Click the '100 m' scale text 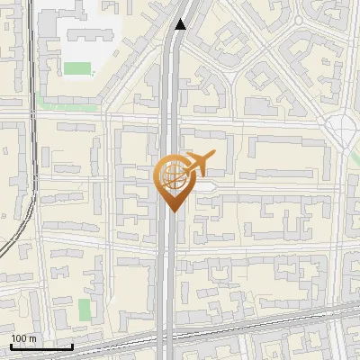[x=23, y=338]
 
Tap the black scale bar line [x=41, y=346]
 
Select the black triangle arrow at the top [x=181, y=24]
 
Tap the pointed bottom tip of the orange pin [x=171, y=212]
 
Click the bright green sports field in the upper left [x=77, y=68]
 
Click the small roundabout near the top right [x=298, y=19]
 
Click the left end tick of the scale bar [x=11, y=346]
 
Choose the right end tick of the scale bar [x=72, y=346]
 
